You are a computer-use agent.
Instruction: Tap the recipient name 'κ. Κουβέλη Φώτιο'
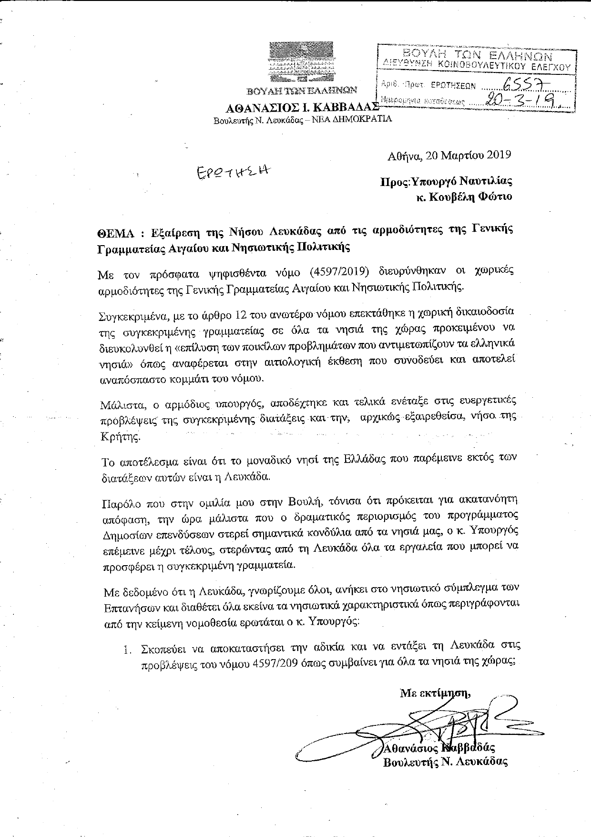pyautogui.click(x=464, y=196)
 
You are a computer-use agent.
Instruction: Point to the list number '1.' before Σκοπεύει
pyautogui.click(x=127, y=649)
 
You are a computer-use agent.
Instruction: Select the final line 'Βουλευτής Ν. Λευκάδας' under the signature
pyautogui.click(x=445, y=762)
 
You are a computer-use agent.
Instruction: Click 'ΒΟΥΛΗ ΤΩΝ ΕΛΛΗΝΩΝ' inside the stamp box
pyautogui.click(x=478, y=54)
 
